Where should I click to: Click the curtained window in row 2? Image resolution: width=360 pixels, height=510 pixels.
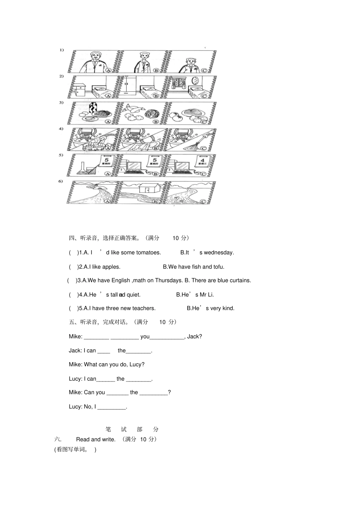(x=177, y=83)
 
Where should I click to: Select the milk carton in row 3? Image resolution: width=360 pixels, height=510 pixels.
(x=92, y=108)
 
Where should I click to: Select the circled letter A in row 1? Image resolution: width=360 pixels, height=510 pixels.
(x=108, y=70)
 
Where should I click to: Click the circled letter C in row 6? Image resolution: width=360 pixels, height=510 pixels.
(x=204, y=201)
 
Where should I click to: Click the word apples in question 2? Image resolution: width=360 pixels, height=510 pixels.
(x=111, y=267)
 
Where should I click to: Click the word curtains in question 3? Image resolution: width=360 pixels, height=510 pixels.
(x=239, y=281)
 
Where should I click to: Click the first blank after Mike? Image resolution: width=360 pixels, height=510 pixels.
(x=96, y=337)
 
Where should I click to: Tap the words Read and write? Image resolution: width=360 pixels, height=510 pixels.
(x=95, y=439)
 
